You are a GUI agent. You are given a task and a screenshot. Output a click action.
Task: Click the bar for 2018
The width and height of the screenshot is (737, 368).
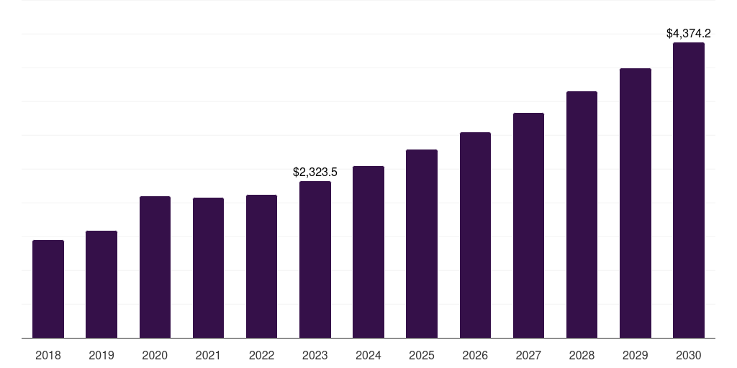pyautogui.click(x=48, y=289)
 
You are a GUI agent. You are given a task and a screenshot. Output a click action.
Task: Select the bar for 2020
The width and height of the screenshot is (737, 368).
pyautogui.click(x=155, y=267)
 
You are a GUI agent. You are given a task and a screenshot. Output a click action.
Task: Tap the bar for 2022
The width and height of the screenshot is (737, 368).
pyautogui.click(x=261, y=266)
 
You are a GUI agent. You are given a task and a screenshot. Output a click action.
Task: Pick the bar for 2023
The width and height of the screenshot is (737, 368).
pyautogui.click(x=315, y=259)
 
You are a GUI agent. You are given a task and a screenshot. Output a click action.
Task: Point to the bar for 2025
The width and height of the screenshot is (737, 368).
pyautogui.click(x=422, y=244)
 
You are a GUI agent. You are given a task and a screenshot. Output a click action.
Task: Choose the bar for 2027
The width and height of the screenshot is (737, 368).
pyautogui.click(x=528, y=225)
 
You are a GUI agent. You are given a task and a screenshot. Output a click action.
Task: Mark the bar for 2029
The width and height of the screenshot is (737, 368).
pyautogui.click(x=635, y=203)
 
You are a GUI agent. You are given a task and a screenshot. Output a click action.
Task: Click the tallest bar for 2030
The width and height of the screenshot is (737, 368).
pyautogui.click(x=688, y=190)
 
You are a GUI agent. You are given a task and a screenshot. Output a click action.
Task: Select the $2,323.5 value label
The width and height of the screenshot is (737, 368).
pyautogui.click(x=315, y=172)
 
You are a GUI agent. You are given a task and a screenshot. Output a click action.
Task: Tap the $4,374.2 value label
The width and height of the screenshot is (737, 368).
pyautogui.click(x=688, y=33)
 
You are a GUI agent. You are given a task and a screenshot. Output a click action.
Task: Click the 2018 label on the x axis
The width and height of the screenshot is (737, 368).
pyautogui.click(x=48, y=355)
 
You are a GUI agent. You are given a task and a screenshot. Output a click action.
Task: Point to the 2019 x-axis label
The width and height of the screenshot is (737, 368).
pyautogui.click(x=101, y=355)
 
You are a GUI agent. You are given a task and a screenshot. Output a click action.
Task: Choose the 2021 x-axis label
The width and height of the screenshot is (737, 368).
pyautogui.click(x=208, y=355)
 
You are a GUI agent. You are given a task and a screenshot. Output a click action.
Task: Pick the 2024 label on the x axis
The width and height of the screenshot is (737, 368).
pyautogui.click(x=368, y=355)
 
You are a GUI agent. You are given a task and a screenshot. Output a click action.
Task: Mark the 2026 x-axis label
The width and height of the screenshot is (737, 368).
pyautogui.click(x=475, y=355)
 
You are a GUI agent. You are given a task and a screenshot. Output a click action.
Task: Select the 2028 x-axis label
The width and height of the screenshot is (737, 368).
pyautogui.click(x=582, y=355)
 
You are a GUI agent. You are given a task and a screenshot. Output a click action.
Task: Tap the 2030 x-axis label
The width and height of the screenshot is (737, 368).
pyautogui.click(x=688, y=355)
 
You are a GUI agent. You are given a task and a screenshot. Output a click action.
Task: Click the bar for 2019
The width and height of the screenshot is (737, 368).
pyautogui.click(x=101, y=284)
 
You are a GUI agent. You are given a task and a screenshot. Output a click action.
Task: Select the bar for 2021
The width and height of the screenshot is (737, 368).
pyautogui.click(x=208, y=267)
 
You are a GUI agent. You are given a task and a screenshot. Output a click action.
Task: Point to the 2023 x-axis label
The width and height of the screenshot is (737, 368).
pyautogui.click(x=315, y=355)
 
